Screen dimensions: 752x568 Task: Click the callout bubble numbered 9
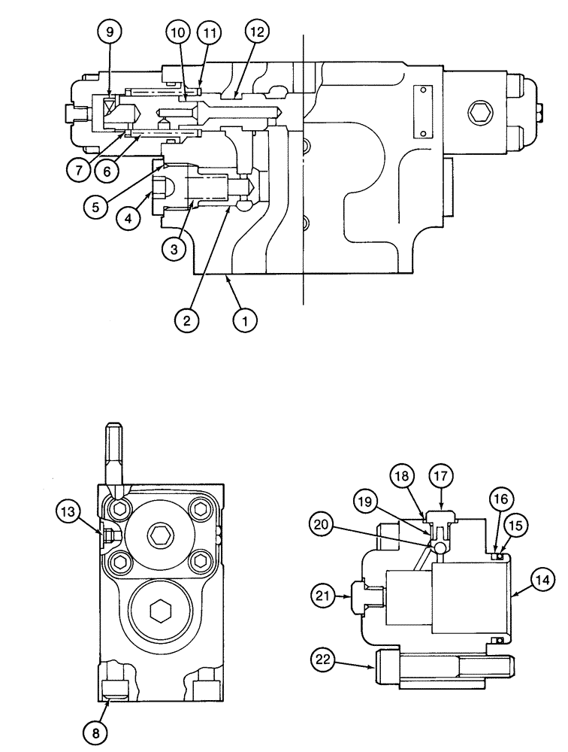coord(111,33)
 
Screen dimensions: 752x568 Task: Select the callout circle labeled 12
coord(258,33)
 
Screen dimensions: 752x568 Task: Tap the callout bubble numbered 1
coord(243,320)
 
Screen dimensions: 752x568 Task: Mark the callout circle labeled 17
coord(442,475)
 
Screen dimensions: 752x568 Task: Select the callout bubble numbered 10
coord(178,33)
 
